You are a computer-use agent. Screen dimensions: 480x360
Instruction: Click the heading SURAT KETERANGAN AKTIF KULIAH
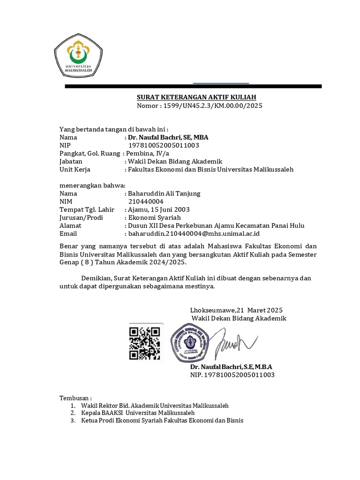(x=196, y=97)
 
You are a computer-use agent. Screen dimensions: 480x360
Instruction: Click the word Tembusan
(x=75, y=397)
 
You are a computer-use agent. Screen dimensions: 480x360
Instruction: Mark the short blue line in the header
(x=221, y=83)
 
